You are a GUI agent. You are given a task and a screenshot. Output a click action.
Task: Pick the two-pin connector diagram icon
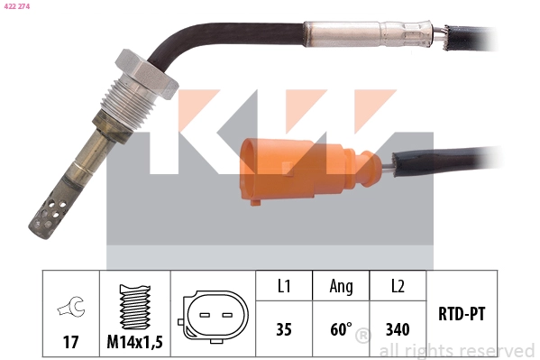[213, 317]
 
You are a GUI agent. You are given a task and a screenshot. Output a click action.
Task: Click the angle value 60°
[340, 329]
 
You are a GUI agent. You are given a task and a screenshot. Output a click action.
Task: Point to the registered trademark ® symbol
[362, 337]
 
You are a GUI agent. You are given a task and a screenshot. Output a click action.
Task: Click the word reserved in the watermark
[495, 350]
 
